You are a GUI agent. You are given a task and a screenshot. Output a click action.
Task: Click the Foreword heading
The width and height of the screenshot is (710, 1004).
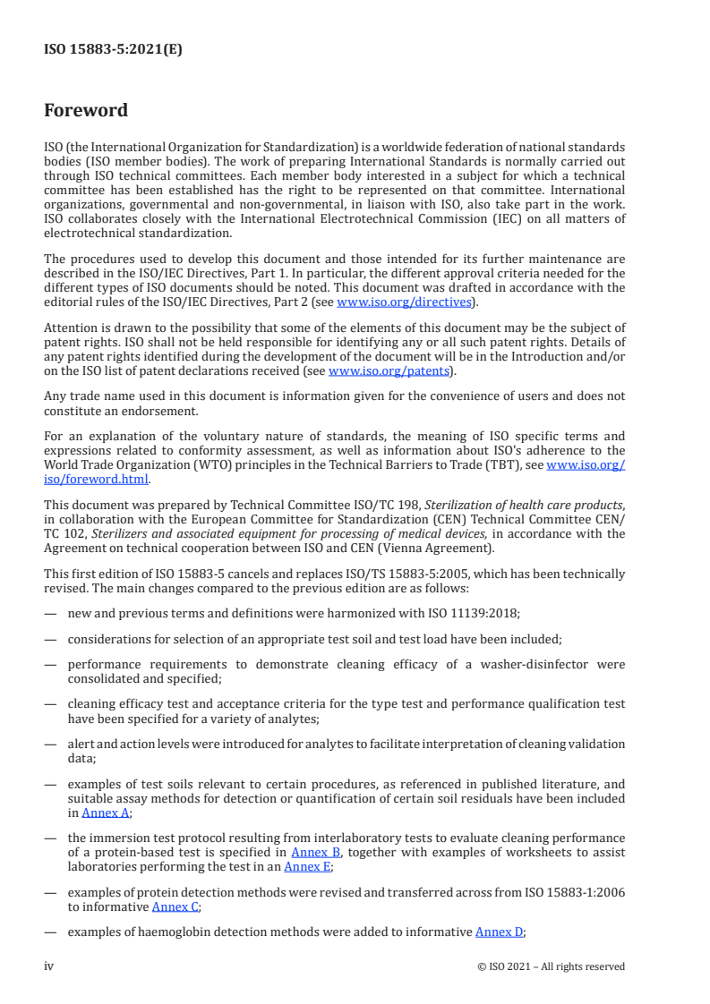[86, 111]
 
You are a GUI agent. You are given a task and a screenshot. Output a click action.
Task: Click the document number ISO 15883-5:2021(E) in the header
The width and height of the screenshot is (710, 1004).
[113, 50]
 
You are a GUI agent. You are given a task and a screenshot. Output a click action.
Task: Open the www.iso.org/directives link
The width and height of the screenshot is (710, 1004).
[404, 302]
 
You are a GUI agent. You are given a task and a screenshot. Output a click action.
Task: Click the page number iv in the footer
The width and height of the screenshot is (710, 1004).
[49, 966]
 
